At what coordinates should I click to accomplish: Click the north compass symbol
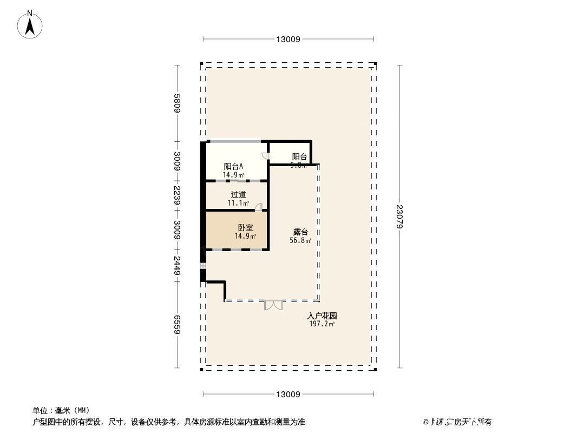tap(30, 25)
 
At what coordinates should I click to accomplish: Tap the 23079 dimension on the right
tap(400, 216)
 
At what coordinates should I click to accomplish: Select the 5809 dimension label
tap(176, 103)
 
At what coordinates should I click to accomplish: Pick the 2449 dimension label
tap(176, 265)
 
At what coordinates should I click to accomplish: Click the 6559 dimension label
tap(176, 325)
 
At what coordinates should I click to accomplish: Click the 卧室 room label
tap(245, 228)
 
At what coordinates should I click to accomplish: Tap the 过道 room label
tap(238, 195)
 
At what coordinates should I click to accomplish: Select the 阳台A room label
tap(233, 167)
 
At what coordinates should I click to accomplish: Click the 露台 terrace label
tap(300, 232)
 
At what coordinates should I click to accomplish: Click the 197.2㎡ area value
tap(322, 324)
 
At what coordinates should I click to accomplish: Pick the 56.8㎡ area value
tap(300, 240)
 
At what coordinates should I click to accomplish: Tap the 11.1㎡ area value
tap(238, 204)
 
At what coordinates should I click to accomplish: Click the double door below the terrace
tap(273, 305)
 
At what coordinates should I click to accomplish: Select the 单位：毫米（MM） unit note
tap(61, 410)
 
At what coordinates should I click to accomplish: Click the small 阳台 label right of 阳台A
tap(299, 157)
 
